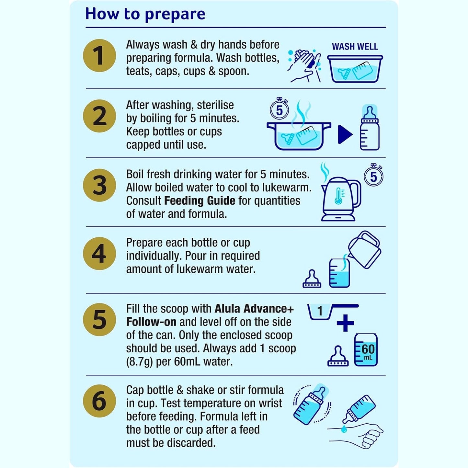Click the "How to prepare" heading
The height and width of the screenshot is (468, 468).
tap(145, 14)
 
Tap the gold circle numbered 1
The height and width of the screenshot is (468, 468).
tap(99, 55)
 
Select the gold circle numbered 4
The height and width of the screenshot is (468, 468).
tap(99, 254)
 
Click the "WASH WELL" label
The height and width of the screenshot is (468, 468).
tap(355, 47)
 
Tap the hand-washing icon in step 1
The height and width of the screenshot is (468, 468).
tap(304, 65)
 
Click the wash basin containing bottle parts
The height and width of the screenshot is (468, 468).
tap(355, 69)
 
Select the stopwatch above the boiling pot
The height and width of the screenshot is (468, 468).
tap(279, 109)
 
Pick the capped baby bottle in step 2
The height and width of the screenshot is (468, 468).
tap(370, 128)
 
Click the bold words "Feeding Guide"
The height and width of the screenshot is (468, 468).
tap(200, 200)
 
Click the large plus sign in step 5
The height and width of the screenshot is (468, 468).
tap(345, 323)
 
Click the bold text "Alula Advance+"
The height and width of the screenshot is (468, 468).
tap(254, 309)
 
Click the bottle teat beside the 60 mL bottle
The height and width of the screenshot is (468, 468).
tap(338, 356)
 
